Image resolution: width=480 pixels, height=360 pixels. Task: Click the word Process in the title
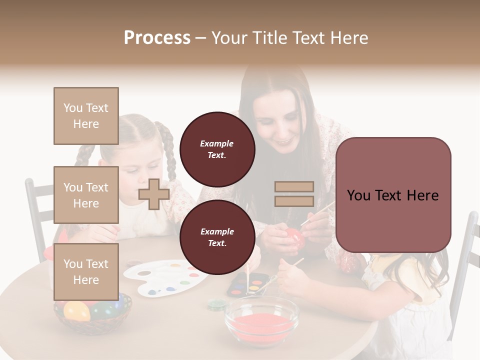click(157, 38)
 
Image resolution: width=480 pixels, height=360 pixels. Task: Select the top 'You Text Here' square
click(86, 116)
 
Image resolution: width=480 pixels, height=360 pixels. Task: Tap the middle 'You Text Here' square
click(86, 195)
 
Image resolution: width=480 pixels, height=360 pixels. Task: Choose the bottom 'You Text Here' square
click(86, 272)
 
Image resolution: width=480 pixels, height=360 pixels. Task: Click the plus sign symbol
click(154, 194)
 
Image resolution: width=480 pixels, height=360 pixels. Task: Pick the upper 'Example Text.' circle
click(217, 149)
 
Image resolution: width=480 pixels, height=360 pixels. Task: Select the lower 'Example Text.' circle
click(217, 237)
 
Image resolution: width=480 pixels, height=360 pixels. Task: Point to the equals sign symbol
click(294, 194)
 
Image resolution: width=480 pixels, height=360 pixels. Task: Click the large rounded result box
click(393, 195)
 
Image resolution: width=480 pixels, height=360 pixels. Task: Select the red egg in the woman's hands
click(293, 239)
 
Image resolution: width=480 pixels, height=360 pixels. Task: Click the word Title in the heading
click(270, 38)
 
